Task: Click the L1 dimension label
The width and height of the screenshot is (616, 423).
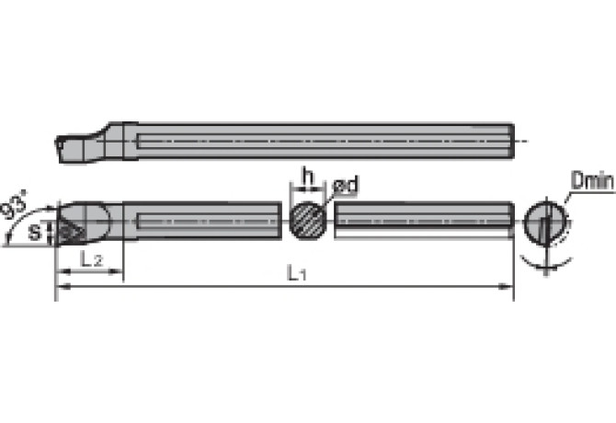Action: click(295, 272)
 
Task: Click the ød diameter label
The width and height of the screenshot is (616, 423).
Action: click(346, 187)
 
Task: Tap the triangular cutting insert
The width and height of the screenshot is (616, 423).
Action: click(70, 225)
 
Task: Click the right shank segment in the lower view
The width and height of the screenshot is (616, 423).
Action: click(423, 221)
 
